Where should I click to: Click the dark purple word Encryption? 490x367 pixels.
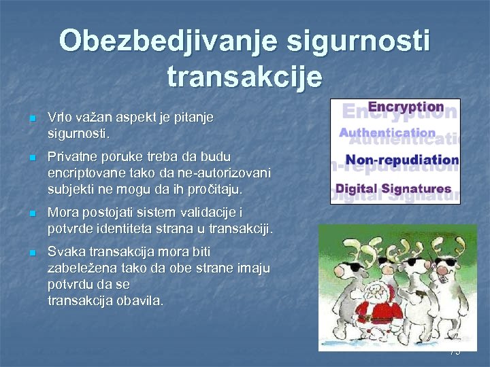coord(406,107)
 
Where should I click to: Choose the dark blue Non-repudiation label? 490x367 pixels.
coord(402,160)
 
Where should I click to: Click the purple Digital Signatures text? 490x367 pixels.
coord(394,188)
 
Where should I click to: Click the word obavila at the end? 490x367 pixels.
coord(140,300)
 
